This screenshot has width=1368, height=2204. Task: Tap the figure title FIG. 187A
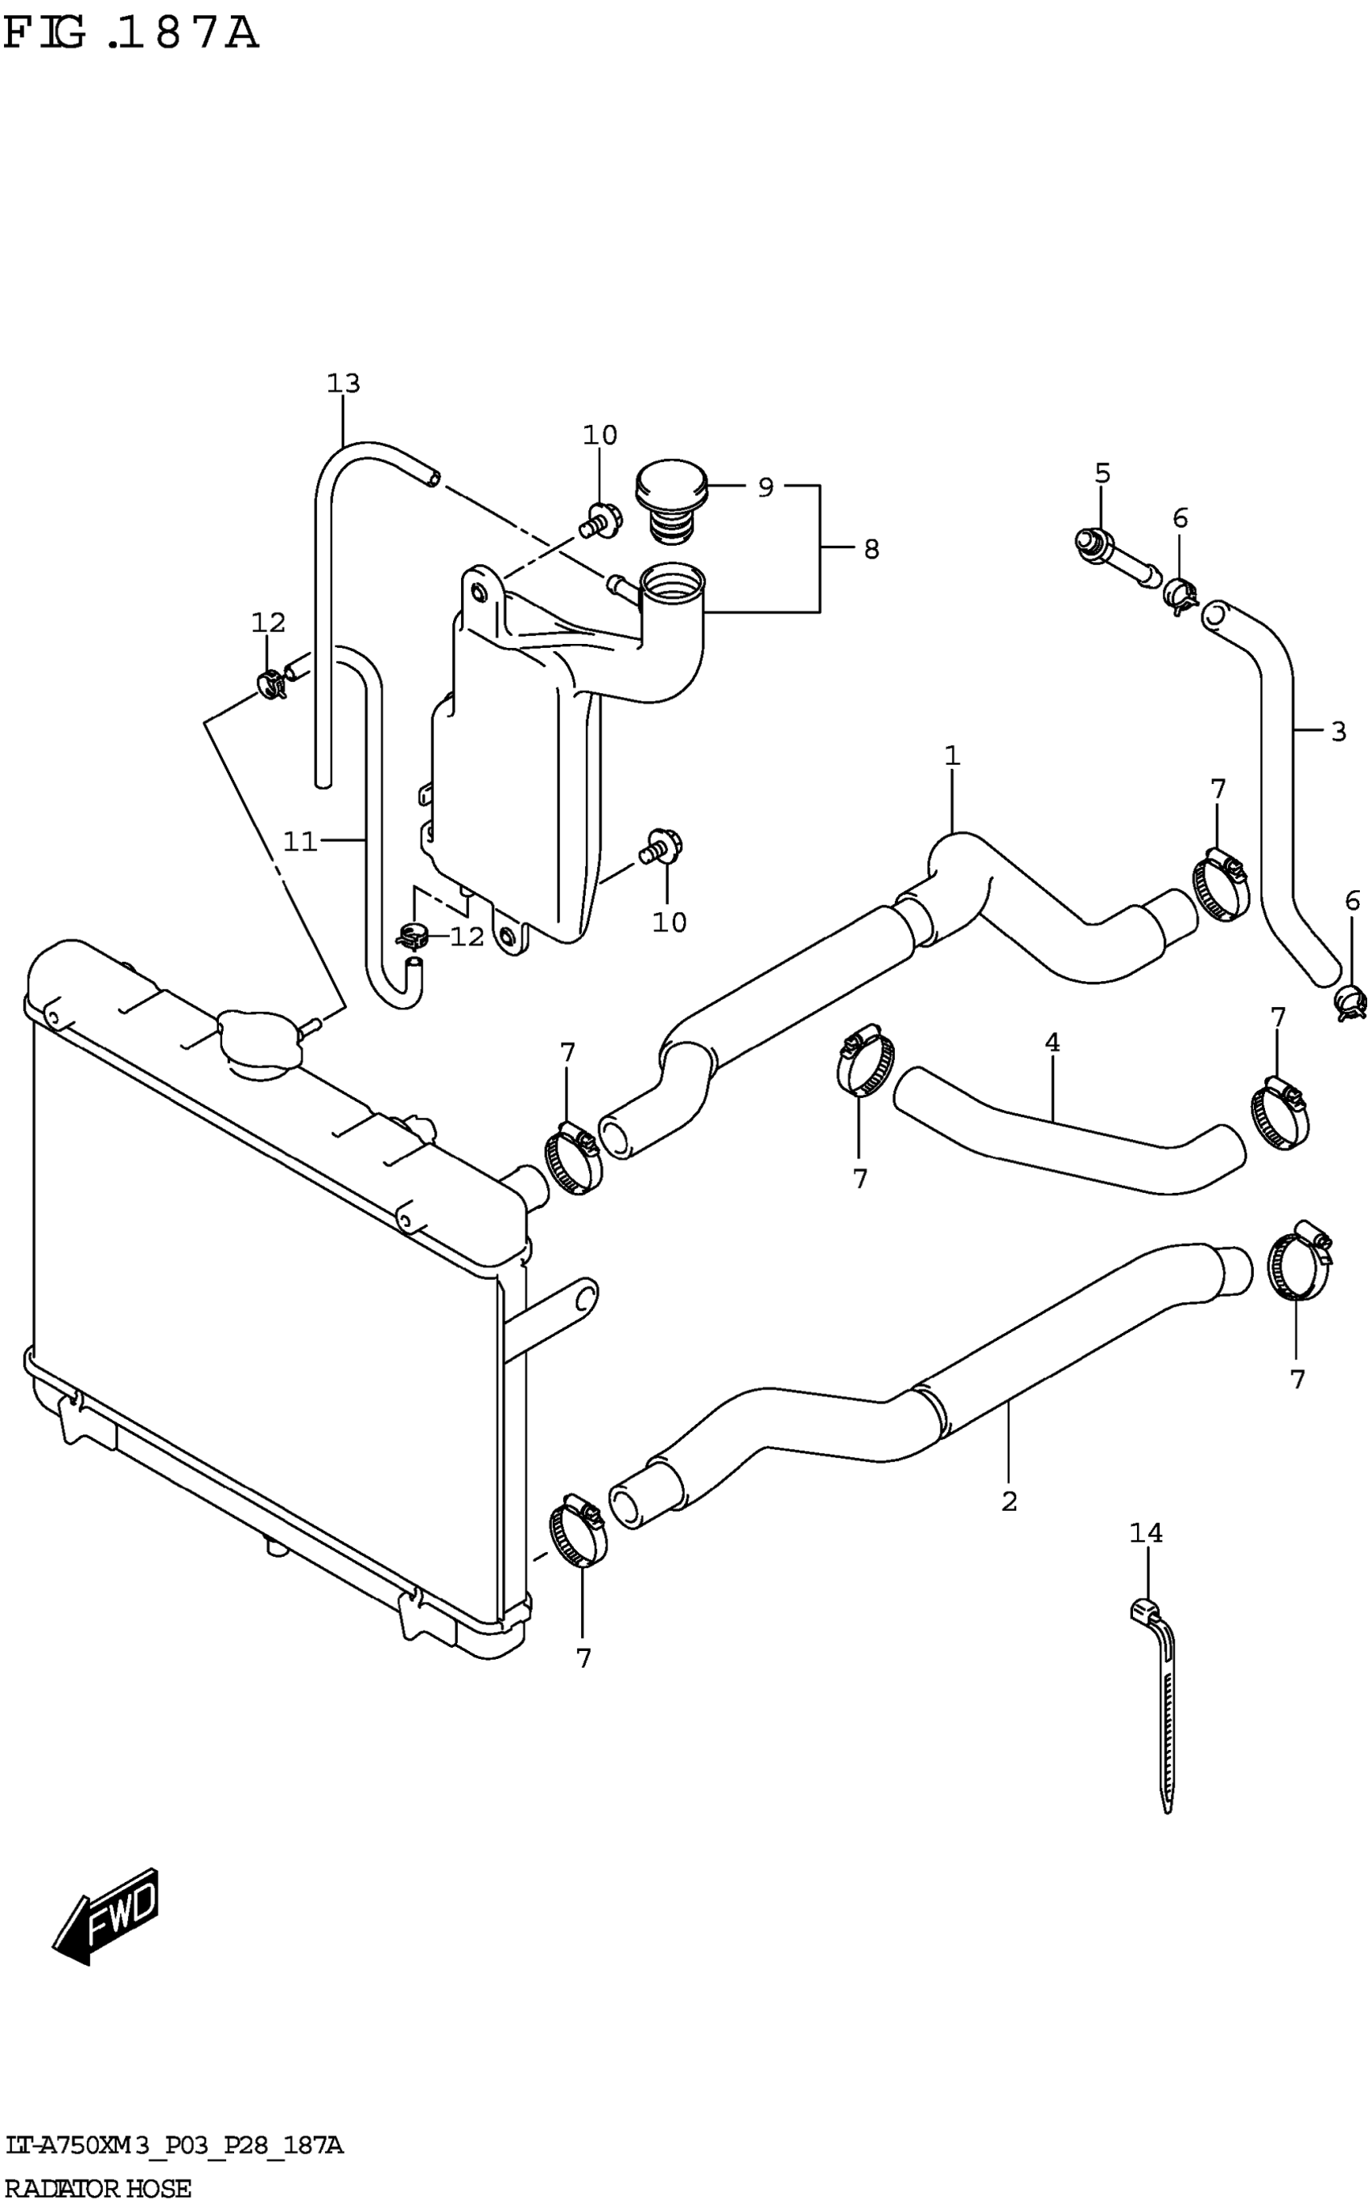131,35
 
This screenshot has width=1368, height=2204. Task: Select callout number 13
343,384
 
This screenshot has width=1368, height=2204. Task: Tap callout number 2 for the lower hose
1010,1501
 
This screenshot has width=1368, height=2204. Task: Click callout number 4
1051,1042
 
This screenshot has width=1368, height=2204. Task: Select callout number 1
951,756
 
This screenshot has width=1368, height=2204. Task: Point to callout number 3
1338,732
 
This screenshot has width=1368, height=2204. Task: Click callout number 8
871,549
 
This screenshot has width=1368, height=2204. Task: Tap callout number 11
300,842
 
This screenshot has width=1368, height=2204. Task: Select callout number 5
1102,473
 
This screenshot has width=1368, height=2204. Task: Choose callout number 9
765,488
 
